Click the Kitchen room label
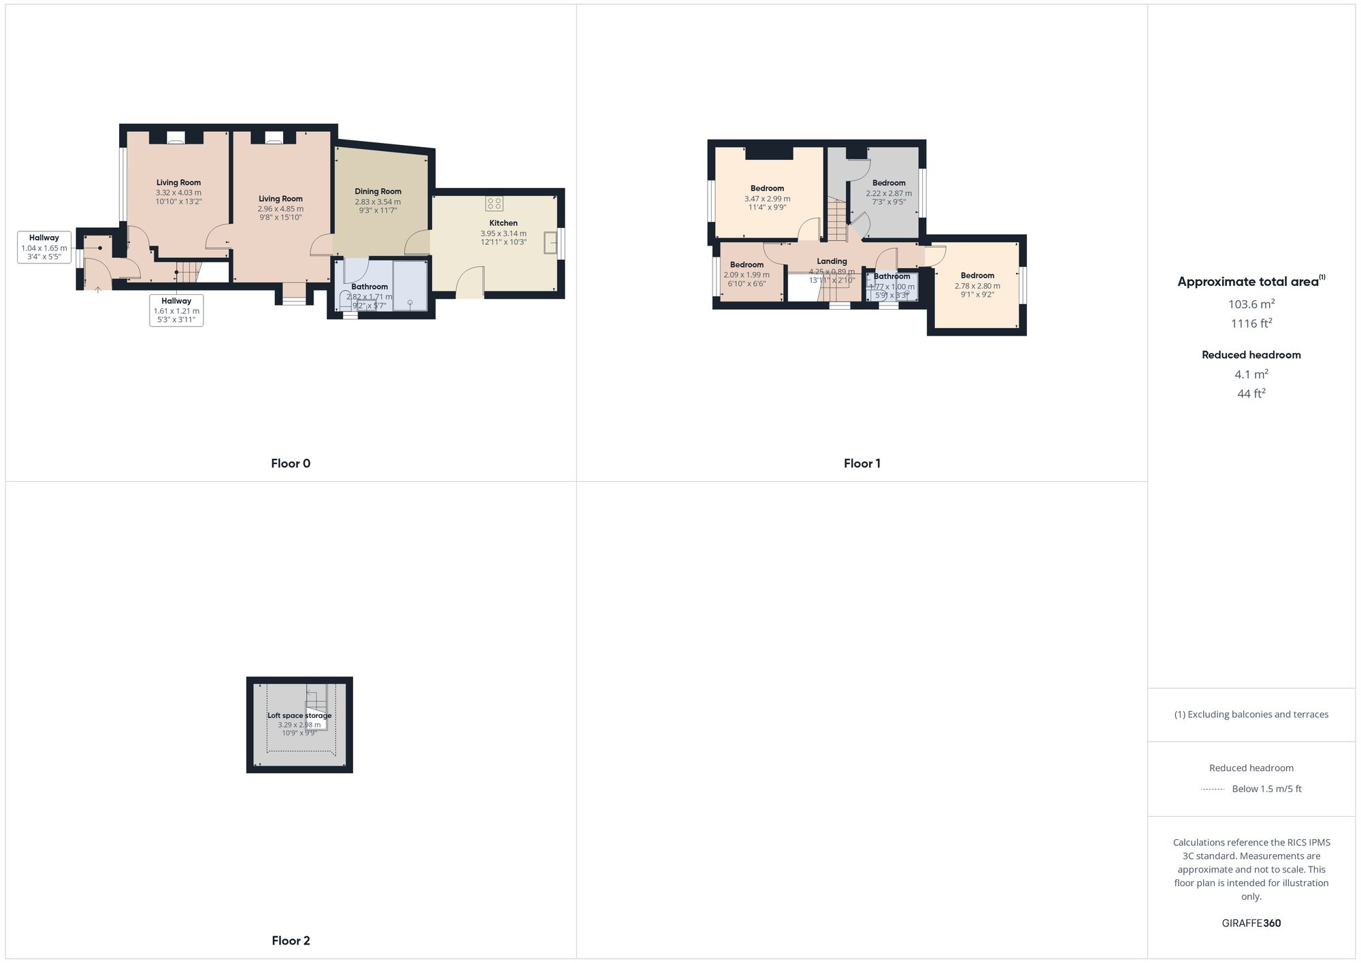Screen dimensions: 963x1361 503,223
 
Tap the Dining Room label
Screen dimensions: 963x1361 378,192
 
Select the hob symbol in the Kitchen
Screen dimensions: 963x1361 495,203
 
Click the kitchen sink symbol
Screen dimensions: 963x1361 551,242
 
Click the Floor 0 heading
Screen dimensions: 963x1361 291,463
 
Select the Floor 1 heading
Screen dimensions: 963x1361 862,463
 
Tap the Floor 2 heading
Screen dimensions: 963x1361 291,941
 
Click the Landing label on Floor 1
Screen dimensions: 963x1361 832,261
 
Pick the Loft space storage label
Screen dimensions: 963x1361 299,715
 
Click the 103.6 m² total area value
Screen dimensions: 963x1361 1251,304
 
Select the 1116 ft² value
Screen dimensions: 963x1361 1251,323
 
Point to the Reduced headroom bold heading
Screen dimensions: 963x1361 1251,355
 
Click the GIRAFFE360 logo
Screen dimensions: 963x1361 1251,924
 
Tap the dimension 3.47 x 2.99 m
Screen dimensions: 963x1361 767,199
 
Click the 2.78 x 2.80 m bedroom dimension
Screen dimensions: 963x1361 977,286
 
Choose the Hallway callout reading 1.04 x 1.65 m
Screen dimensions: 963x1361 44,248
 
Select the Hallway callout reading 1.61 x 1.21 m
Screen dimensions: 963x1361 176,310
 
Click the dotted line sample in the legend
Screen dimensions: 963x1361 1213,789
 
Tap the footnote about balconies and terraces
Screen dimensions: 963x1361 1251,715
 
